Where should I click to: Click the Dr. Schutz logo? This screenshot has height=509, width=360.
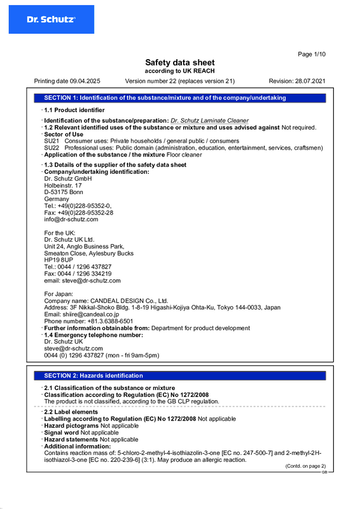coord(51,20)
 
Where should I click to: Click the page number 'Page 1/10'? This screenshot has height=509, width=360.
coord(312,54)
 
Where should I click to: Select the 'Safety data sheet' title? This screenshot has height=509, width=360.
coord(180,62)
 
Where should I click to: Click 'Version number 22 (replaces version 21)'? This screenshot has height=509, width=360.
coord(180,81)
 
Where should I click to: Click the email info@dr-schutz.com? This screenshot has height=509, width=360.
coord(71,220)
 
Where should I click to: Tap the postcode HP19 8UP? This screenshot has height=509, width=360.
coord(59,260)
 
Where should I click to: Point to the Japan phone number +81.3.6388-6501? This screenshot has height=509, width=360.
coord(105,321)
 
